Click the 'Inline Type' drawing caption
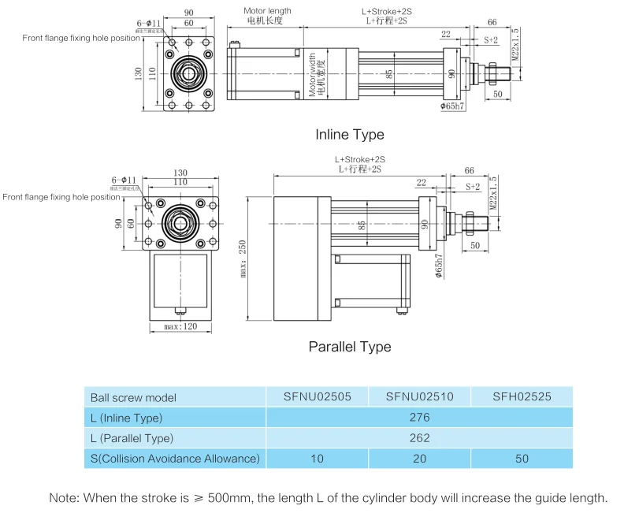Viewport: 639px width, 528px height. click(350, 135)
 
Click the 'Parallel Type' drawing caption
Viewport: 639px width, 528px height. click(349, 347)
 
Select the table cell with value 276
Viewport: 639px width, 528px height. click(419, 418)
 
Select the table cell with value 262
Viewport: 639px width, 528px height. click(419, 438)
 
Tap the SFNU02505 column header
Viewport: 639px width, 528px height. click(317, 397)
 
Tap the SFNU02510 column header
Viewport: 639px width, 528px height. click(419, 397)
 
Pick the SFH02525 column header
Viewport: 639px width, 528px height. click(522, 397)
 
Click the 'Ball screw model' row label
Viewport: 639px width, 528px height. click(133, 398)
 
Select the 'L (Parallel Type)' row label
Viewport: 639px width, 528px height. click(132, 438)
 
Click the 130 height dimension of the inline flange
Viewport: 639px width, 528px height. click(139, 73)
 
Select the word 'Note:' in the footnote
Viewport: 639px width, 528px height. click(64, 498)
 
